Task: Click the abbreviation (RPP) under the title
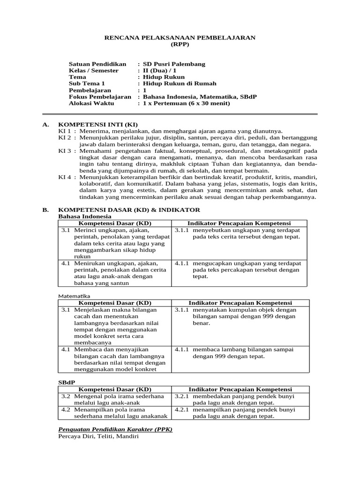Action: click(x=180, y=45)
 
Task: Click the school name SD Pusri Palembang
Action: click(x=174, y=64)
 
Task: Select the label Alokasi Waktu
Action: click(x=91, y=103)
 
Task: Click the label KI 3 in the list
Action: click(x=64, y=151)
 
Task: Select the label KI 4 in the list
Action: click(x=64, y=178)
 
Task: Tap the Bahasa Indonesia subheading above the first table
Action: click(x=84, y=217)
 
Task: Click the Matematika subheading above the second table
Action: click(x=74, y=296)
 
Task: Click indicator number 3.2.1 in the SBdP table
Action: click(x=181, y=396)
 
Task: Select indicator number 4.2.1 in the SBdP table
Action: click(x=181, y=409)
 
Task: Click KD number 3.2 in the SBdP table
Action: click(x=66, y=396)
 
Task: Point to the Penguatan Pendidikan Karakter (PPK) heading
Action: click(x=115, y=429)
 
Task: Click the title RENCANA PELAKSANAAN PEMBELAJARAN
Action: click(x=180, y=37)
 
